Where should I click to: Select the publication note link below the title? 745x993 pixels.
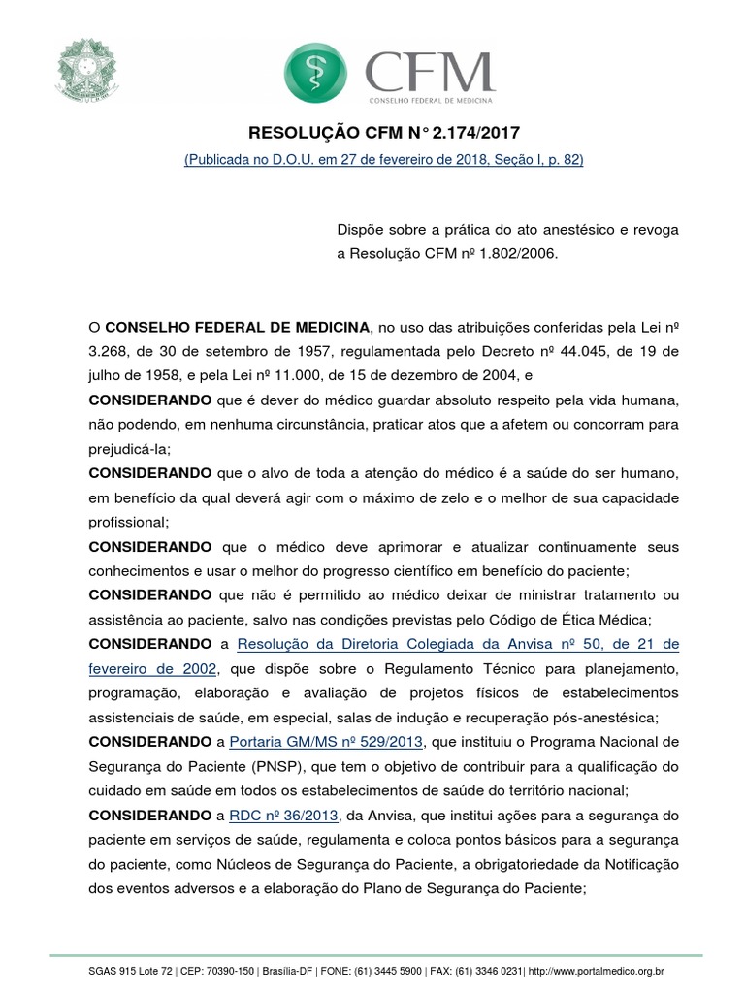click(383, 159)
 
